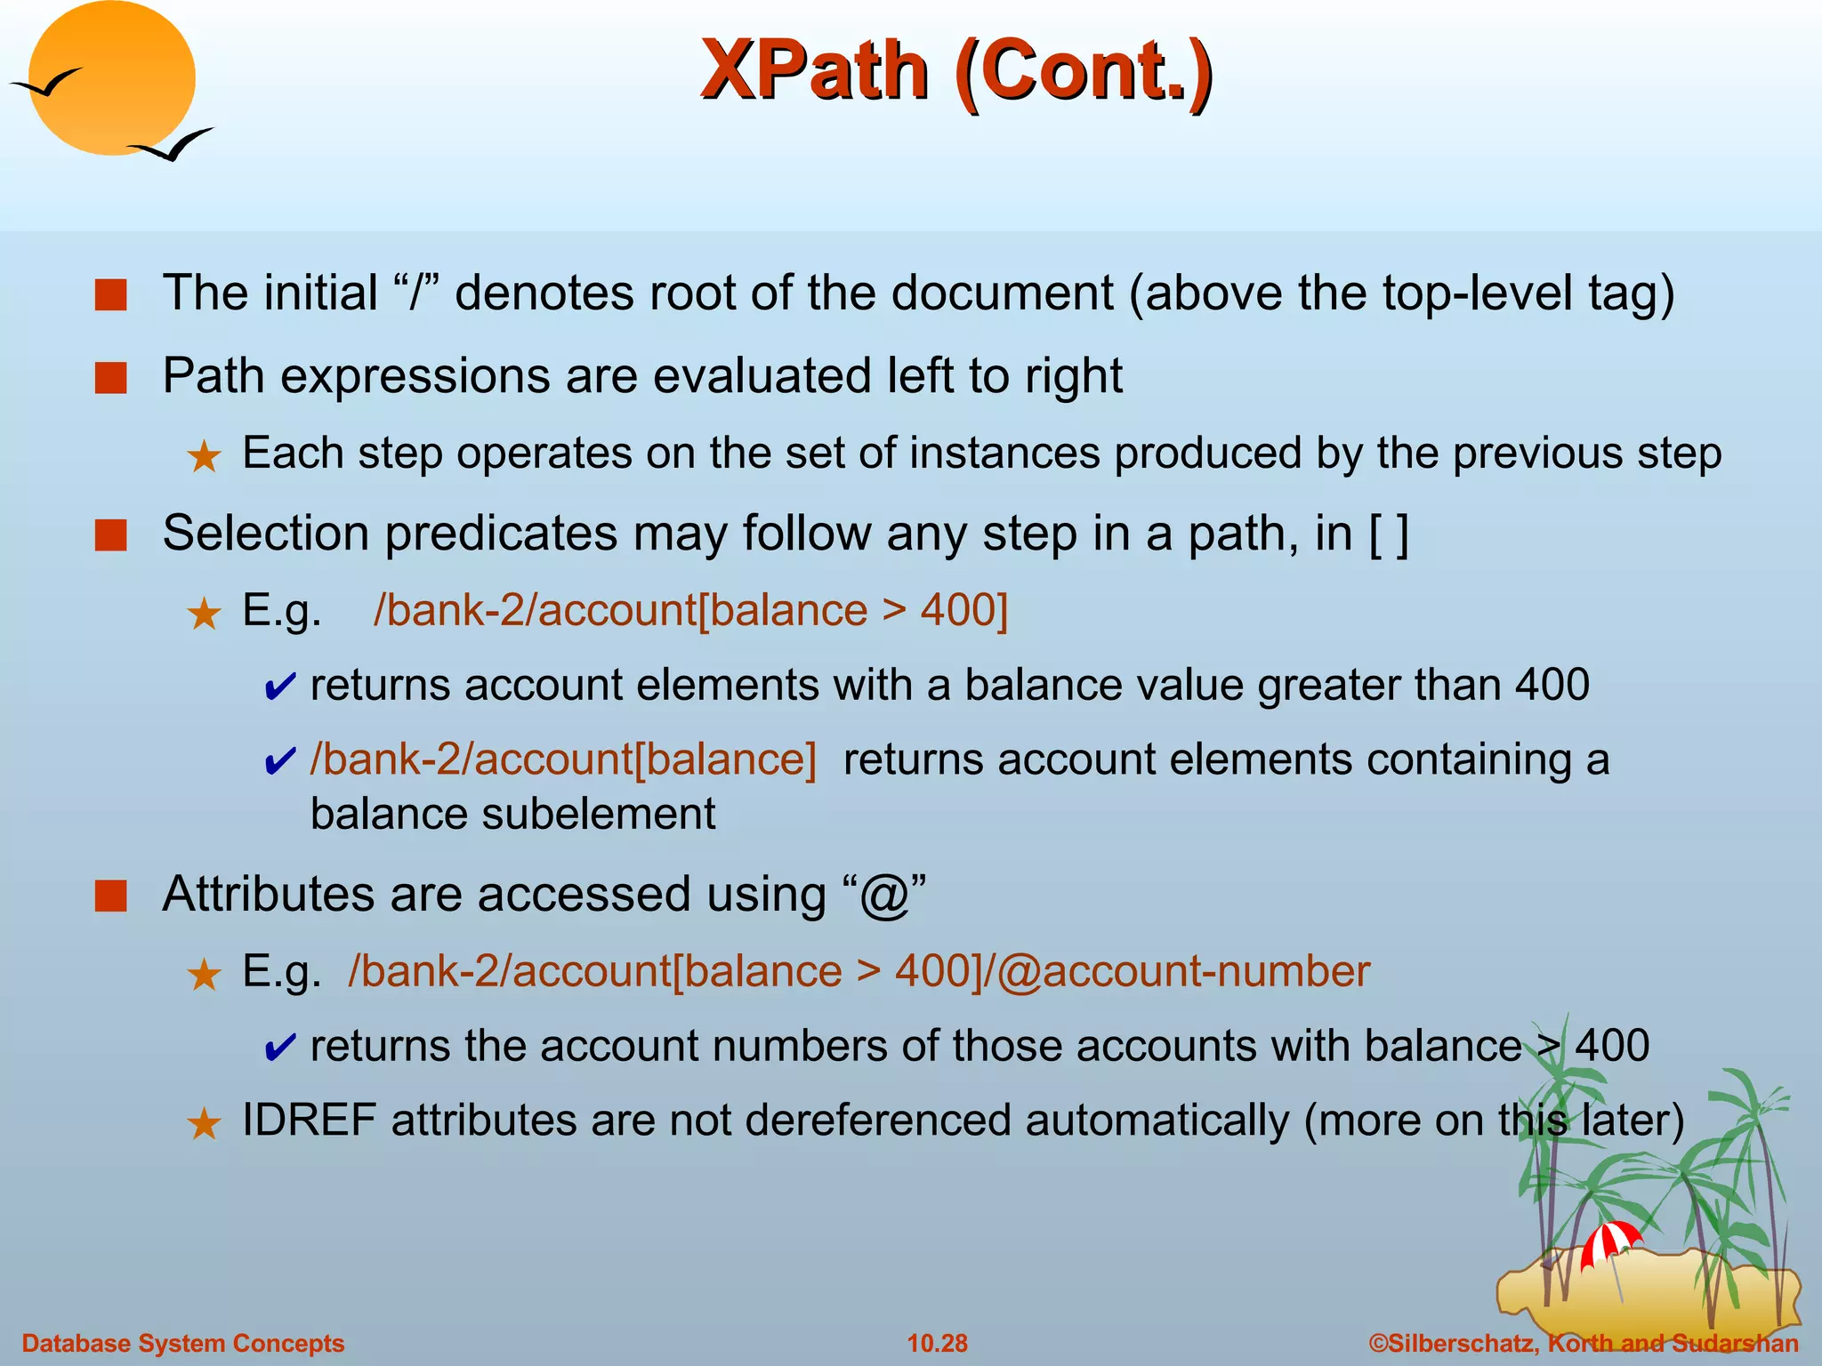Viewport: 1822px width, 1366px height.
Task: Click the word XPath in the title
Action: point(814,71)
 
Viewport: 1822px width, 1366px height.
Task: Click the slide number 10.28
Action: point(937,1343)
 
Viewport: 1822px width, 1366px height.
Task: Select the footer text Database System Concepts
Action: point(182,1343)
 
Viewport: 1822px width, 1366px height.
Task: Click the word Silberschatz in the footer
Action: point(1463,1343)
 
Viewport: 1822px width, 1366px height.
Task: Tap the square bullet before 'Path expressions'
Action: point(111,377)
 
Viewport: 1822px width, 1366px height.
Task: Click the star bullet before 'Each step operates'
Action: point(204,457)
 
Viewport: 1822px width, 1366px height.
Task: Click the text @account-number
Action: point(1183,971)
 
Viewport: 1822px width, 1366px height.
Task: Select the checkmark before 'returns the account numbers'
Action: point(279,1049)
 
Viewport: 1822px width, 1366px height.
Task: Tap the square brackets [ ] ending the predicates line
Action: point(1389,534)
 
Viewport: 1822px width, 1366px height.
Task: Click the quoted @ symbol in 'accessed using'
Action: point(883,895)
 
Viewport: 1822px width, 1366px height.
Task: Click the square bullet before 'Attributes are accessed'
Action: point(111,896)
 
